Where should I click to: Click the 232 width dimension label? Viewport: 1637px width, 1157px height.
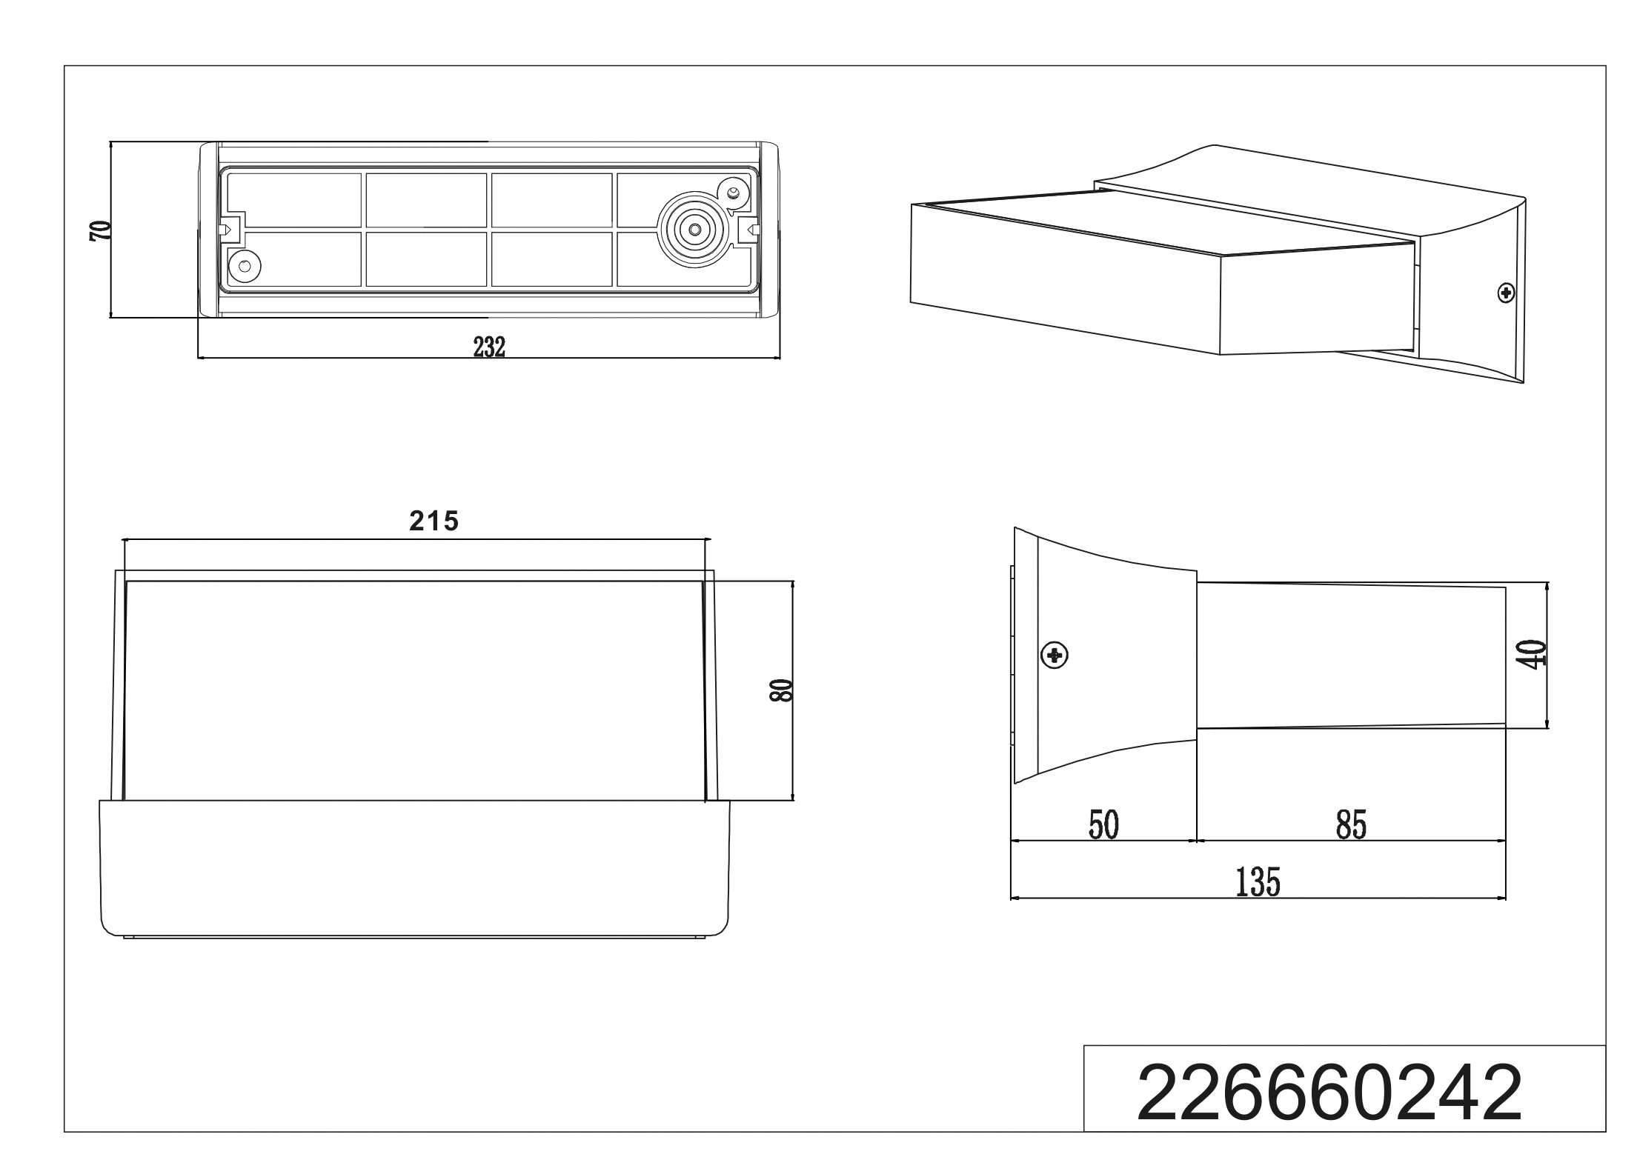tap(489, 347)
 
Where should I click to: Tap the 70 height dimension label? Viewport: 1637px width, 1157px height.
tap(99, 230)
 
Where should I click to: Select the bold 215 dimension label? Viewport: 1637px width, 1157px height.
tap(434, 521)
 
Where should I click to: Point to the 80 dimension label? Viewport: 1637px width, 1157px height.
tap(781, 690)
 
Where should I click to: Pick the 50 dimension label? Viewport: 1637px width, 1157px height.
tap(1103, 825)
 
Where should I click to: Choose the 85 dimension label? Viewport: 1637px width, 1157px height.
tap(1351, 825)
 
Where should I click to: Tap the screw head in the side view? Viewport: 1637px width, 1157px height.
tap(1055, 655)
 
